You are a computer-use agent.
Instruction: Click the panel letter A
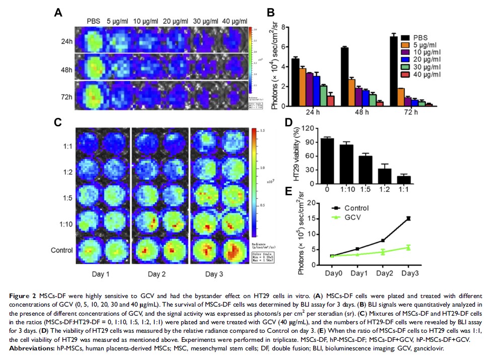(x=58, y=13)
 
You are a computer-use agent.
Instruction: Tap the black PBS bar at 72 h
(x=394, y=71)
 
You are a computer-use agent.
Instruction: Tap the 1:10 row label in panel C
(x=67, y=224)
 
